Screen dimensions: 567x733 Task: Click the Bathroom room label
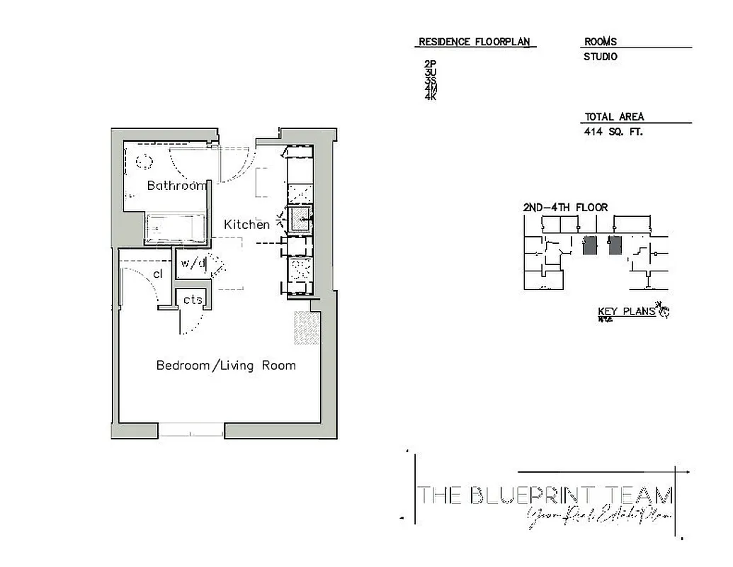click(x=176, y=186)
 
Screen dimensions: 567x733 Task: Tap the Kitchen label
click(x=246, y=225)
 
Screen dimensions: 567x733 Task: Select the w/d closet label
click(x=193, y=263)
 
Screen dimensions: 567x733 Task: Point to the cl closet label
click(x=157, y=274)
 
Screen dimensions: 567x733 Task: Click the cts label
click(x=193, y=300)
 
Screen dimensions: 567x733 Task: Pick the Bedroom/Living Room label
click(x=226, y=366)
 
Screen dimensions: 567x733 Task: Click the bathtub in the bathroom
click(x=175, y=228)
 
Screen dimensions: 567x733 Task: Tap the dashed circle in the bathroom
click(x=144, y=160)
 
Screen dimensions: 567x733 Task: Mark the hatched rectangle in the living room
click(x=307, y=328)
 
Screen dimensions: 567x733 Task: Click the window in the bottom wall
click(x=191, y=430)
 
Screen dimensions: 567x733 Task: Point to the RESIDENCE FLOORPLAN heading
click(x=474, y=42)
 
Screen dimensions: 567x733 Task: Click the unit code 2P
click(x=430, y=64)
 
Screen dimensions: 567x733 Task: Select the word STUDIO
click(x=600, y=57)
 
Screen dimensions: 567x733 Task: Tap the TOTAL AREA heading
click(x=614, y=117)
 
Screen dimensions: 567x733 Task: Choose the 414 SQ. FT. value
click(x=613, y=132)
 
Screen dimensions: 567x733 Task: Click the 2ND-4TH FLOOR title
click(x=564, y=208)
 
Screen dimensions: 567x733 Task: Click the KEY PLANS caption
click(x=626, y=311)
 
